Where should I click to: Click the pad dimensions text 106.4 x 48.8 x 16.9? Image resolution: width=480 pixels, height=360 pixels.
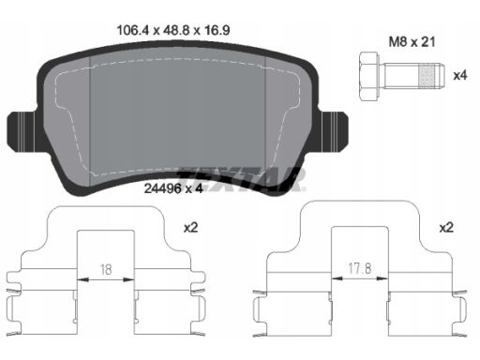click(173, 31)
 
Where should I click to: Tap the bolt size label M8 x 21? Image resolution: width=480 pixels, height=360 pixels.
click(412, 41)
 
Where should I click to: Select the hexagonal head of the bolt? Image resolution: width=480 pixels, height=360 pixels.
click(369, 76)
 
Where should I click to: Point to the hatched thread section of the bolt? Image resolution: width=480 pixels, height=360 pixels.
click(427, 75)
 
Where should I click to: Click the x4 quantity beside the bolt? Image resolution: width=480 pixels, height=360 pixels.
click(460, 75)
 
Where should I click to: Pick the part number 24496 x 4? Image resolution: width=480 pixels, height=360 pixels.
click(173, 188)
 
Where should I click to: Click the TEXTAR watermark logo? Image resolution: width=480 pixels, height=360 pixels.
click(241, 179)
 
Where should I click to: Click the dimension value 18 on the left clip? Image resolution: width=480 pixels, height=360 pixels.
click(106, 269)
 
